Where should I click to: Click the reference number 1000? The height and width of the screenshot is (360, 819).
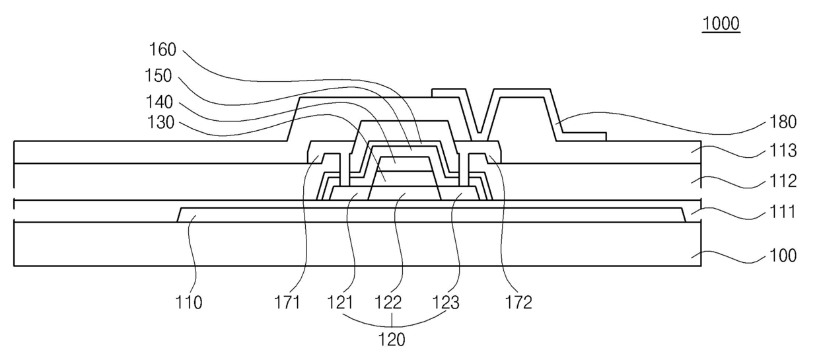coord(721,24)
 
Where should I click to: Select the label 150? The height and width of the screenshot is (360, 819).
coord(159,76)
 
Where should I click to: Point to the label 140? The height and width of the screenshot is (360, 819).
coord(159,102)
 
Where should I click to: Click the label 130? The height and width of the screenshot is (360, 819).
coord(159,123)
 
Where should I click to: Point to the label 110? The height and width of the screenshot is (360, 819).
coord(190,304)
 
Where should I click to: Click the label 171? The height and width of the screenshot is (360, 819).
coord(289,304)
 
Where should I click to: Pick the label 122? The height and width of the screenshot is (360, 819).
coord(394,304)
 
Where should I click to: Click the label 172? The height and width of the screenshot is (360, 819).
coord(518,304)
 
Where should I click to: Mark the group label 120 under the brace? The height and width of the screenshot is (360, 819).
coord(392,341)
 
